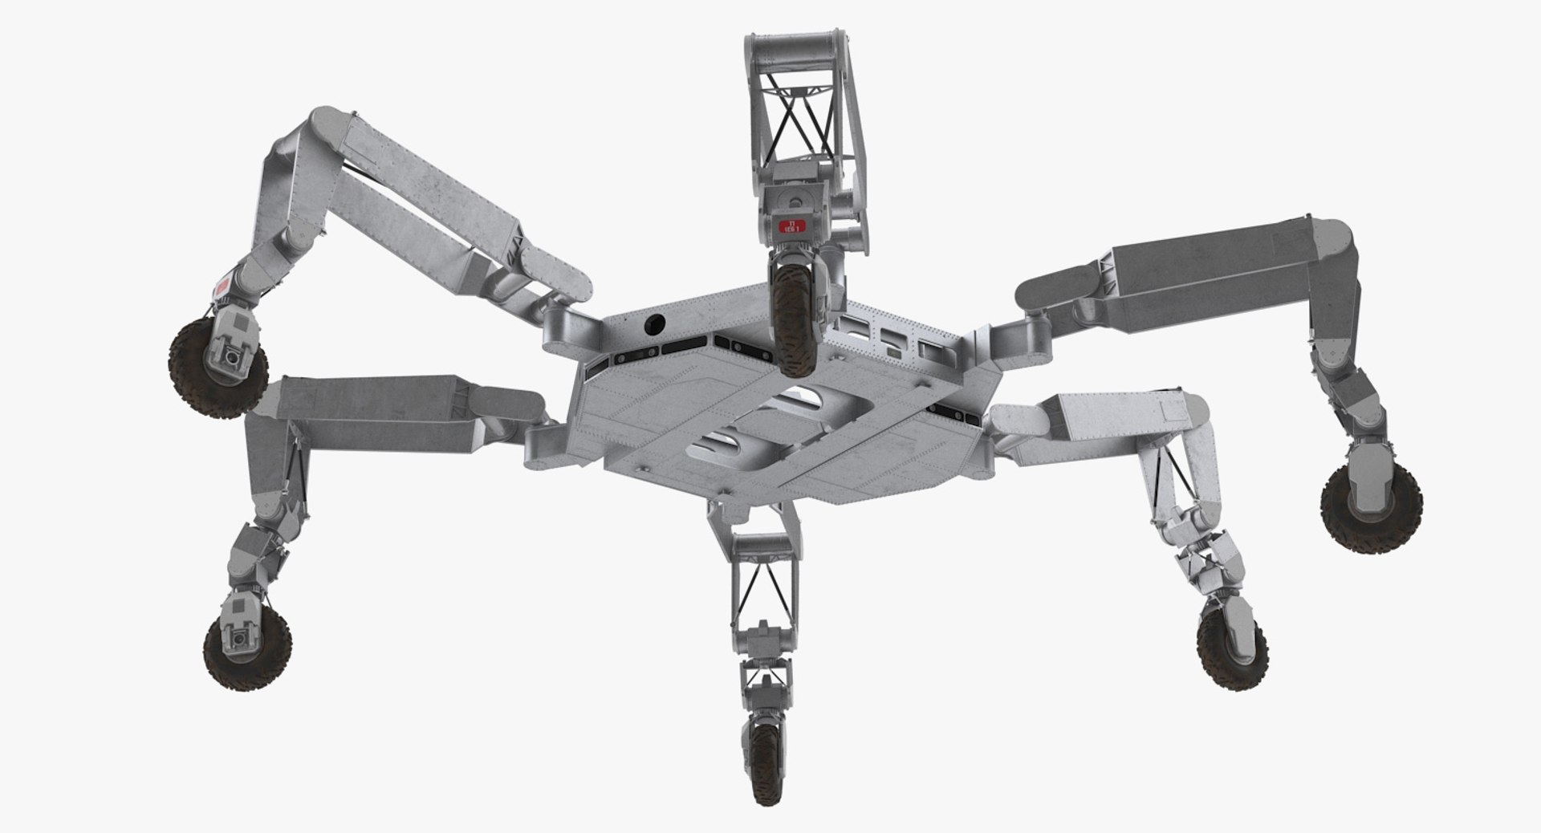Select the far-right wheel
(1371, 509)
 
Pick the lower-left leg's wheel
(246, 651)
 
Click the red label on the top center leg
(791, 226)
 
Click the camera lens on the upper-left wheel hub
(233, 358)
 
